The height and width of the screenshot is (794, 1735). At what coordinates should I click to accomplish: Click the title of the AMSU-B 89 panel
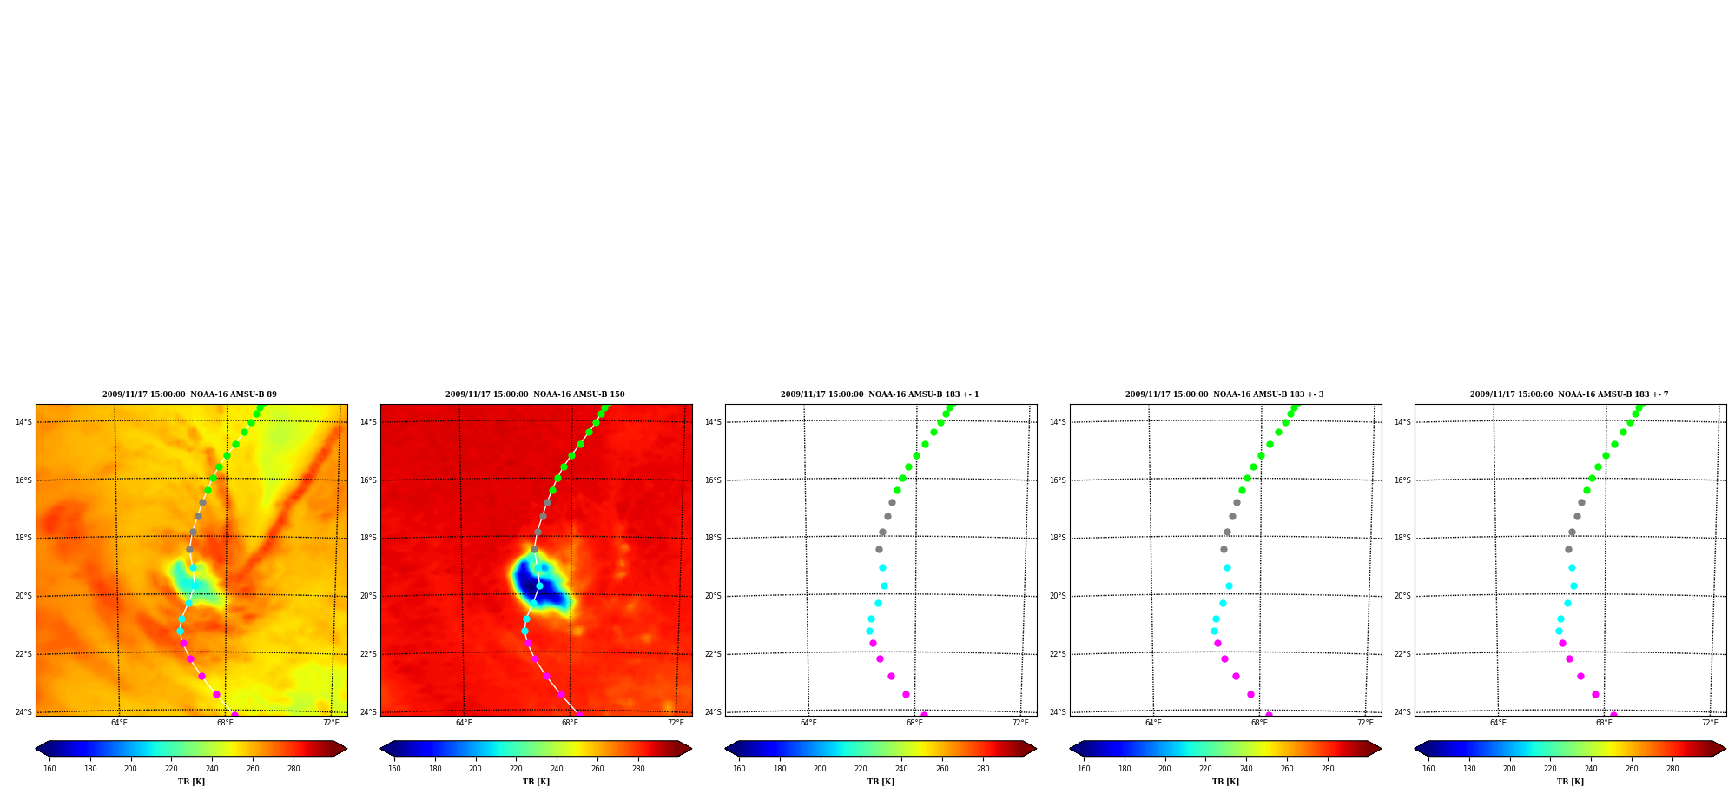pyautogui.click(x=189, y=394)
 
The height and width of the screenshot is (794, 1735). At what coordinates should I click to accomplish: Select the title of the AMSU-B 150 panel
pyautogui.click(x=535, y=394)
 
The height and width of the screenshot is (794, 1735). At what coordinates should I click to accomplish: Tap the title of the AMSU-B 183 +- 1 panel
pyautogui.click(x=880, y=394)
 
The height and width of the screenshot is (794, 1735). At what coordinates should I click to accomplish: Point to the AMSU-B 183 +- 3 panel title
pyautogui.click(x=1224, y=394)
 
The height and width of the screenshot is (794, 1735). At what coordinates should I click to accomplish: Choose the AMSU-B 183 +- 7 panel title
pyautogui.click(x=1569, y=394)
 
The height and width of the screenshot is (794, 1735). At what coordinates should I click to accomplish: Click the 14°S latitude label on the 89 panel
pyautogui.click(x=23, y=422)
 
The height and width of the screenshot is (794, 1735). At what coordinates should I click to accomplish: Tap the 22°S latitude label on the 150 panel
pyautogui.click(x=368, y=654)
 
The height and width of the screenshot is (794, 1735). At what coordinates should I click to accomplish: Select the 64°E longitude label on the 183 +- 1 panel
pyautogui.click(x=808, y=723)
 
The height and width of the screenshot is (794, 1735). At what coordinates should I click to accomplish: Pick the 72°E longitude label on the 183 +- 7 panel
pyautogui.click(x=1710, y=723)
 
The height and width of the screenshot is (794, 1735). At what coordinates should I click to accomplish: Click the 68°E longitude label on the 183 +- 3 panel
pyautogui.click(x=1259, y=723)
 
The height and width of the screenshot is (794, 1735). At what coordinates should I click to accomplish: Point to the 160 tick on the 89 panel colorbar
pyautogui.click(x=49, y=768)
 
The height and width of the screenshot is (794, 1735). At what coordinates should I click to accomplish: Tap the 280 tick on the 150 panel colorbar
pyautogui.click(x=638, y=768)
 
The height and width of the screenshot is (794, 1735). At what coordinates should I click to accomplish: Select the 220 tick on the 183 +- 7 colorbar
pyautogui.click(x=1550, y=768)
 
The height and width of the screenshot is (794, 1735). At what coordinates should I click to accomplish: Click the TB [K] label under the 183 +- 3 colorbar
pyautogui.click(x=1225, y=782)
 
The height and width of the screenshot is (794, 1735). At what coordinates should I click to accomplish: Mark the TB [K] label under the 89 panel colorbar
pyautogui.click(x=191, y=782)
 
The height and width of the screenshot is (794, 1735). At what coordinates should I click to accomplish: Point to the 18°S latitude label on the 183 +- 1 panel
pyautogui.click(x=713, y=538)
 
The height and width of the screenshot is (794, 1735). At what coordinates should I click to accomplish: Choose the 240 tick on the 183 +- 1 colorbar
pyautogui.click(x=901, y=768)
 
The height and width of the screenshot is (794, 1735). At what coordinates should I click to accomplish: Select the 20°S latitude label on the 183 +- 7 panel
pyautogui.click(x=1402, y=596)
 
